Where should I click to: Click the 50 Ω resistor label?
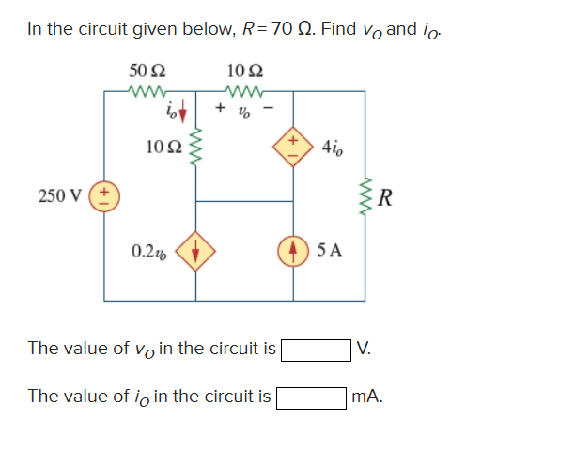point(147,70)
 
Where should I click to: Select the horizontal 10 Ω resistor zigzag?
point(245,91)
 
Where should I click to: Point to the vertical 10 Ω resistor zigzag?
point(196,149)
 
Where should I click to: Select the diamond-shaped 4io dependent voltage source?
point(292,148)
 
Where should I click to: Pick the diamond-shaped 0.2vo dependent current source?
point(196,251)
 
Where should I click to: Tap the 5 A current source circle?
point(292,251)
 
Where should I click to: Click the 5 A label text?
point(332,251)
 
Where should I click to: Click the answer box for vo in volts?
point(318,350)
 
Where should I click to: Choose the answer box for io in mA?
point(311,397)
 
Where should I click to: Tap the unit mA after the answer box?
point(367,397)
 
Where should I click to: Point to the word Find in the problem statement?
point(338,29)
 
